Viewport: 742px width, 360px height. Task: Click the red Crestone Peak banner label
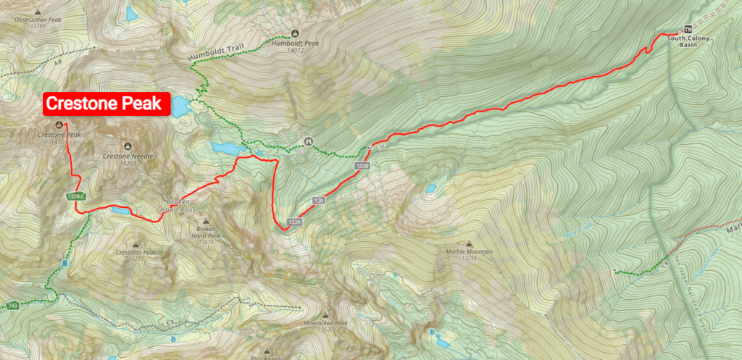107,104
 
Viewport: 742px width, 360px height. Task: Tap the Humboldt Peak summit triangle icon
295,33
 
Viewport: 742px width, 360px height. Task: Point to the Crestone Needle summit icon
128,146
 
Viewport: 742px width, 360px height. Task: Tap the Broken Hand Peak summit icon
206,222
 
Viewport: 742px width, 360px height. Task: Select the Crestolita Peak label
136,253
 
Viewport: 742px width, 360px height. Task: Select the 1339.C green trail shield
75,197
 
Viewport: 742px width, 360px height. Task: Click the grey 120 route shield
318,199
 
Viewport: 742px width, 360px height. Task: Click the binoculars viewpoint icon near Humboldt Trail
309,141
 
